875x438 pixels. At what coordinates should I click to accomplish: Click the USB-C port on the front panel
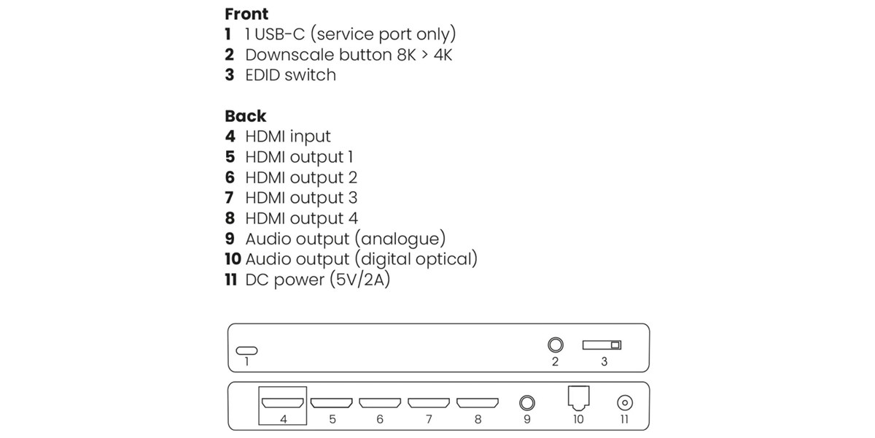coord(246,350)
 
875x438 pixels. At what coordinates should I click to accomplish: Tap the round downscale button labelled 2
coord(555,345)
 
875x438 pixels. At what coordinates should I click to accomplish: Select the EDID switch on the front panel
coord(602,345)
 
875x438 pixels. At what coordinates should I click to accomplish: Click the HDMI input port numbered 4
coord(283,402)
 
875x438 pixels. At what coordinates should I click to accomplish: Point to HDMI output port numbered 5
coord(332,402)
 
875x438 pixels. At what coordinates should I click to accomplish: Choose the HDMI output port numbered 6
coord(380,402)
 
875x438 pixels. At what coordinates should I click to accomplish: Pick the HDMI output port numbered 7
coord(429,402)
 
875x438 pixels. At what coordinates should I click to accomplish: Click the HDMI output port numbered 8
coord(478,402)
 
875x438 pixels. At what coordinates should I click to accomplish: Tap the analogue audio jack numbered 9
coord(526,402)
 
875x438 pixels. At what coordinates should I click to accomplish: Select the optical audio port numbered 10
coord(577,399)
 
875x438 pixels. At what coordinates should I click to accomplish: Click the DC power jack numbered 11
coord(624,402)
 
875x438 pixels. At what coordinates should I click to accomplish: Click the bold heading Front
coord(246,14)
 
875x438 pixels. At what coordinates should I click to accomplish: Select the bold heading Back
coord(245,116)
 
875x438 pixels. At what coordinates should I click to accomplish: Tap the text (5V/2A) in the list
coord(359,280)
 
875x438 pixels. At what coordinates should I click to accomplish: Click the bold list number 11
coord(231,280)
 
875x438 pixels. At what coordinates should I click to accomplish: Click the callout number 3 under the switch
coord(604,361)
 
